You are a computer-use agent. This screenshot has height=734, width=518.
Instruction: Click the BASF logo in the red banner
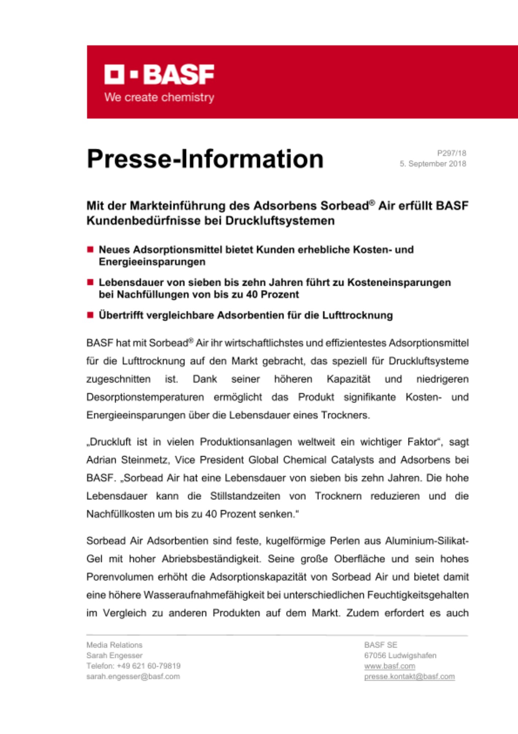[x=159, y=75]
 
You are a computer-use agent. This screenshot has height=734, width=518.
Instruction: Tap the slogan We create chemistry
[x=159, y=98]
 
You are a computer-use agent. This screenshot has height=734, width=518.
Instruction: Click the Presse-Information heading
[x=205, y=159]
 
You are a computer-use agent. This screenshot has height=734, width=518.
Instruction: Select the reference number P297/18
[x=451, y=153]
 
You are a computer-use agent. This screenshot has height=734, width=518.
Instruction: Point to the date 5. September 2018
[x=433, y=164]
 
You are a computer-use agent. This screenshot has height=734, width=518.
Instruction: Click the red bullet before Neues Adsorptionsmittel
[x=90, y=250]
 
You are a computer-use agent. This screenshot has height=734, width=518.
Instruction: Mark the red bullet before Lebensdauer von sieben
[x=90, y=282]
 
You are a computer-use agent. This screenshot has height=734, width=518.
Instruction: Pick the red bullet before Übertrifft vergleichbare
[x=90, y=315]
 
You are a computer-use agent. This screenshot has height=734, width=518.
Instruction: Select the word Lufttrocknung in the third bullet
[x=357, y=315]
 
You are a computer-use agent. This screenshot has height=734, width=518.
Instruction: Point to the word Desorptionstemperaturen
[x=145, y=397]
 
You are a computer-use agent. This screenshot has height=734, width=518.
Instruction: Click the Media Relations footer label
[x=114, y=645]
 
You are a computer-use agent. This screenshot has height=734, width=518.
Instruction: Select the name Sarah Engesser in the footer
[x=114, y=655]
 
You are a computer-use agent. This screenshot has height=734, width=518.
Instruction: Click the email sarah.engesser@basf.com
[x=133, y=676]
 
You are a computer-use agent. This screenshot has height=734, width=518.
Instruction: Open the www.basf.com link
[x=389, y=666]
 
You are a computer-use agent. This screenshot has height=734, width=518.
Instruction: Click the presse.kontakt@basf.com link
[x=409, y=676]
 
